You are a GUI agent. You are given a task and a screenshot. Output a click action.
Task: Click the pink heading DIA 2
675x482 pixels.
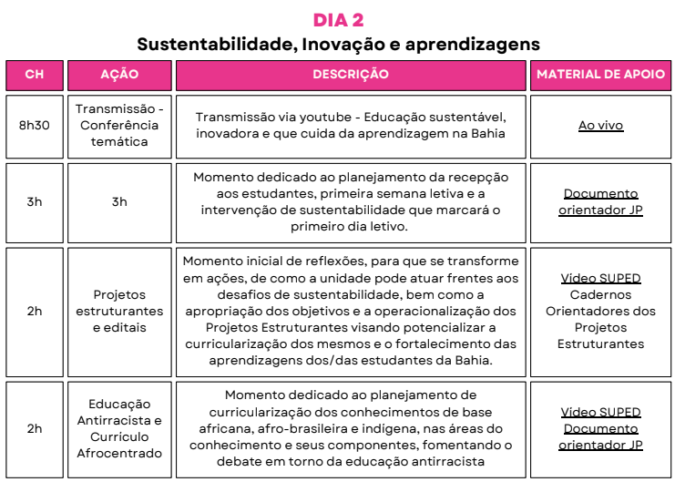coord(338,20)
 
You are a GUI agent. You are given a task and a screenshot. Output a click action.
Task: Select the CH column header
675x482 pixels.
coord(34,75)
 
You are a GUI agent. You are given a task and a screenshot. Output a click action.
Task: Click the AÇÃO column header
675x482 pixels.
coord(119,75)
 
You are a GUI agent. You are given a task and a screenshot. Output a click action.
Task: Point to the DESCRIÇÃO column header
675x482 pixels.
coord(351,75)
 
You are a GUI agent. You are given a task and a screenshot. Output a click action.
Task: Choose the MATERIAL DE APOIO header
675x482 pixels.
coord(600,75)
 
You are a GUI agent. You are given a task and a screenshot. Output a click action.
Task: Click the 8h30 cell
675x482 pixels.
coord(34,126)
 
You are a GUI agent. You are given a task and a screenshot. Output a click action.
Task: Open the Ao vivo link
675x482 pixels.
coord(600,126)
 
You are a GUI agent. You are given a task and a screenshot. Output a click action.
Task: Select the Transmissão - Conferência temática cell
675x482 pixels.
coord(119,126)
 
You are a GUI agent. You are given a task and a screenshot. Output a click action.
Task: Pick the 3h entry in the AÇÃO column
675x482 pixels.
coord(119,201)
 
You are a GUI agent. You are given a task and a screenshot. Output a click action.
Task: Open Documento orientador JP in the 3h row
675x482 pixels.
coord(600,201)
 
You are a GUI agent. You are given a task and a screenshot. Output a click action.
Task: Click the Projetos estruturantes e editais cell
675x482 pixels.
coord(119,311)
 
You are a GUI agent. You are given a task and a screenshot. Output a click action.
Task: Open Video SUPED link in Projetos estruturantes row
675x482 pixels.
coord(600,278)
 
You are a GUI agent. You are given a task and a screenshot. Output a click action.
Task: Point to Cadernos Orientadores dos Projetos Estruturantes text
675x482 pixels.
coord(600,319)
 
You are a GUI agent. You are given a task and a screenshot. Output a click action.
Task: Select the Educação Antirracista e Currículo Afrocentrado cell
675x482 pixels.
coord(119,428)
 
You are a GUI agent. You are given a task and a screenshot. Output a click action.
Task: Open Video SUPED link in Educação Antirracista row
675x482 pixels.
coord(600,412)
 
